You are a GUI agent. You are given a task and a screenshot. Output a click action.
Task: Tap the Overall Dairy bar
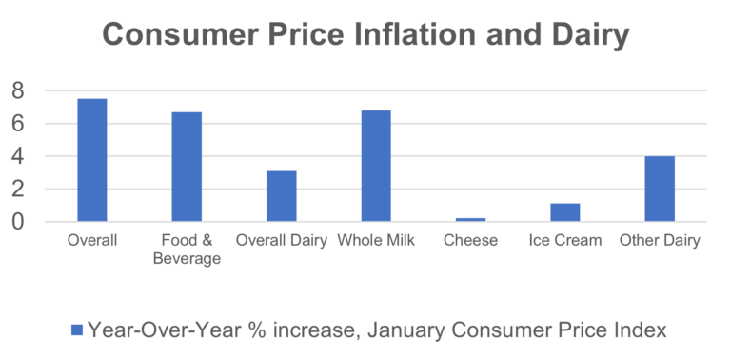point(281,196)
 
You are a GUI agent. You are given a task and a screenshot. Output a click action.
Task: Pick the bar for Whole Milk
point(376,166)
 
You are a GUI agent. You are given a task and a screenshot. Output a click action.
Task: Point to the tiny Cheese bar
point(470,219)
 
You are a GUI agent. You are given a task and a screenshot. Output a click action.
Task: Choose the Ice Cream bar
point(565,212)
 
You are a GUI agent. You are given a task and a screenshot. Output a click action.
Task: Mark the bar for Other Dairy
point(660,189)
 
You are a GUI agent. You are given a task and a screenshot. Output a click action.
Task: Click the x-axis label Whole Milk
point(376,240)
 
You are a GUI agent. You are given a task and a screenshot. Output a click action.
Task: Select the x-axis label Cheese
point(470,240)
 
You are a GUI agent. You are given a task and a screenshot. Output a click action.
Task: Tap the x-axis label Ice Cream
point(565,240)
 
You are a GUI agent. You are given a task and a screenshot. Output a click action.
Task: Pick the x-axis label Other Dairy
point(660,240)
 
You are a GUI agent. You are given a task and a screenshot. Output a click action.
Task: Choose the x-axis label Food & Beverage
point(187,249)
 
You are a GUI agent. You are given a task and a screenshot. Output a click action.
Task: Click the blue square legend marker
point(77,330)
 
